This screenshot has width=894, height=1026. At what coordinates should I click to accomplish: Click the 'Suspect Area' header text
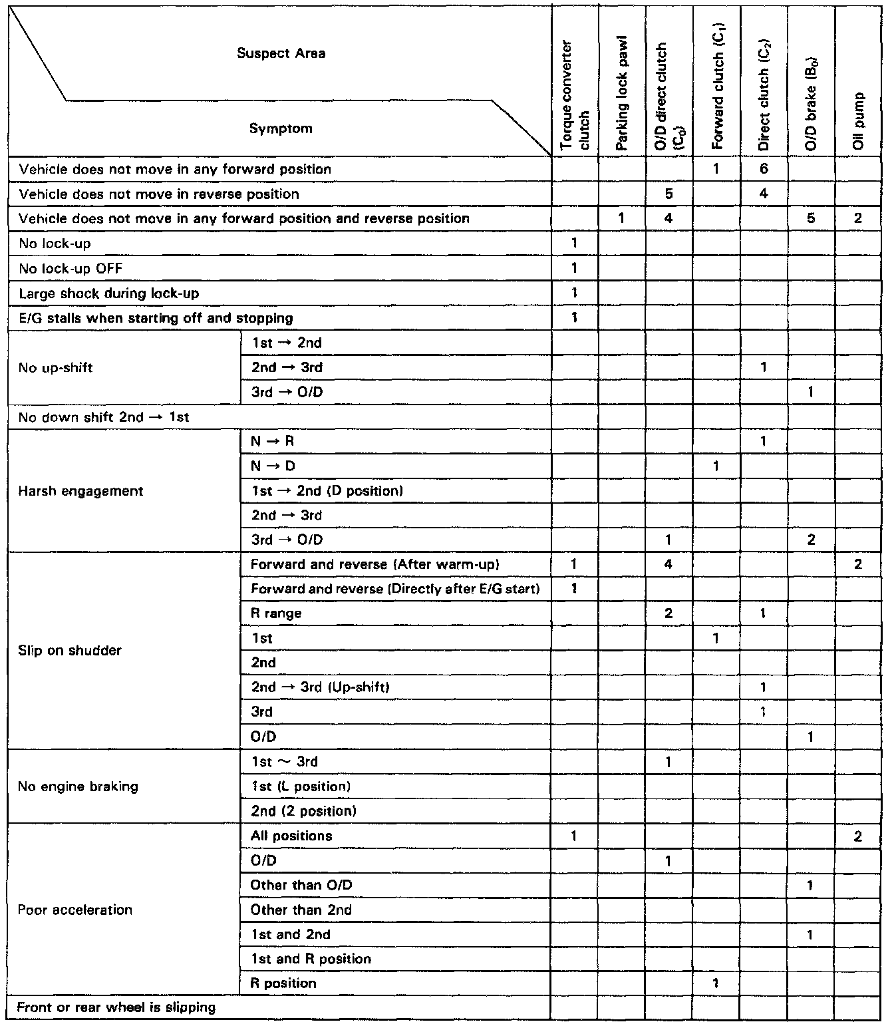[281, 53]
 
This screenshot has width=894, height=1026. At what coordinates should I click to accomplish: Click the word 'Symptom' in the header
[281, 128]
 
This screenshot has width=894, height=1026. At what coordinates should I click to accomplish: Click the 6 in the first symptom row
[764, 169]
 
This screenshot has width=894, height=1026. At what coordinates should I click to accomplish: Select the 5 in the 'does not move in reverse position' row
[669, 194]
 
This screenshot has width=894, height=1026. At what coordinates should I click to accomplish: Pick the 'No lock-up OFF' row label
[71, 268]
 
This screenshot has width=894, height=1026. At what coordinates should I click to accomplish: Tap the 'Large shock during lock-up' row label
[108, 293]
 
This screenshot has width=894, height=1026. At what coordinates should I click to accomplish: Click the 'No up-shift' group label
[55, 368]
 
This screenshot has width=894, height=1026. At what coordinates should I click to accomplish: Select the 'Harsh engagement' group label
[80, 491]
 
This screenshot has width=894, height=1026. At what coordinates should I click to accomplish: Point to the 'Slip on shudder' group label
[70, 650]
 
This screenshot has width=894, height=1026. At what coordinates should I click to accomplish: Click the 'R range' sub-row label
[275, 613]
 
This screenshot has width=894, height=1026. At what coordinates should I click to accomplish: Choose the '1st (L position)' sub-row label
[301, 786]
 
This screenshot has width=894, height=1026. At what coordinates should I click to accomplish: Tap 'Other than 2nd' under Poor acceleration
[301, 910]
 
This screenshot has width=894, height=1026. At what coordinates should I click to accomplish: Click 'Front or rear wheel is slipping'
[116, 1007]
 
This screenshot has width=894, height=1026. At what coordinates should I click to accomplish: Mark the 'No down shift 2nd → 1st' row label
[104, 417]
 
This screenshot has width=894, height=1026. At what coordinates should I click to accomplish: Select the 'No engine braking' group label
[78, 786]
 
